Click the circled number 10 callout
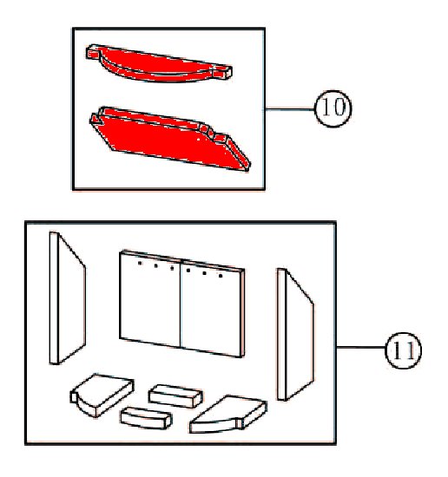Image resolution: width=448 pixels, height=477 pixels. pos(333,108)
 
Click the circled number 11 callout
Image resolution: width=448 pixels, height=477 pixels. pos(403,350)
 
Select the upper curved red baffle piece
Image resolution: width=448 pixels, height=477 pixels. pos(159,64)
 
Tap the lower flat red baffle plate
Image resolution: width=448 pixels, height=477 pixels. pos(170,139)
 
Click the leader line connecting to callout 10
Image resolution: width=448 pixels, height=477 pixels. pos(290,109)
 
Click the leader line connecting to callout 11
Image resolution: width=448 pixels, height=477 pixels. pos(361,347)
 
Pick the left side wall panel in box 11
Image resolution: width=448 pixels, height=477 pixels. pos(68,298)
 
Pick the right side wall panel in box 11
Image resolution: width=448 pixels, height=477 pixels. pos(295,334)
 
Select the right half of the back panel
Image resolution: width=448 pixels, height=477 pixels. pos(213,308)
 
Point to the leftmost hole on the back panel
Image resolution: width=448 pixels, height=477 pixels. pos(140,263)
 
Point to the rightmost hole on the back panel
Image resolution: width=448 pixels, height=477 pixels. pos(221,276)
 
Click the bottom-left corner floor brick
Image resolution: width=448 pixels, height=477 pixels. pos(102,395)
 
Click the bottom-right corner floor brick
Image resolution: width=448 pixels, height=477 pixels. pos(227,414)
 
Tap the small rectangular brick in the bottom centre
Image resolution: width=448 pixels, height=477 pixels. pos(175,396)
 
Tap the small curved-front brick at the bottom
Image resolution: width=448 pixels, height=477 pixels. pos(146,418)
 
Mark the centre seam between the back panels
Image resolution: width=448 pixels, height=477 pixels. pos(181,304)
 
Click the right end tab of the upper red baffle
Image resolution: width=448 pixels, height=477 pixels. pos(223,72)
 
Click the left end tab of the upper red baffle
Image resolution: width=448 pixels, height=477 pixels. pos(93,52)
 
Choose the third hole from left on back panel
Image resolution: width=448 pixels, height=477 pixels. pos(172,268)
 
